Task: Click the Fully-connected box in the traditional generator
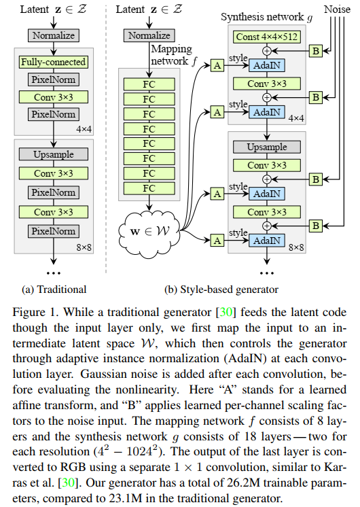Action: click(54, 62)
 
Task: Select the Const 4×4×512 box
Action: click(267, 37)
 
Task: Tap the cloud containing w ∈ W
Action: click(149, 232)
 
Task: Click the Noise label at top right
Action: click(337, 9)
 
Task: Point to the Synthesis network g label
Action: click(267, 17)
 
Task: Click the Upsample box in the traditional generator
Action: click(54, 154)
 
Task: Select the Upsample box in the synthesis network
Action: click(267, 147)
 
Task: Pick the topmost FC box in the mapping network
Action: click(149, 84)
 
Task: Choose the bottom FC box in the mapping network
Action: click(149, 188)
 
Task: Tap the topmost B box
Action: click(316, 51)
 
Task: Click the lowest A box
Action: click(217, 241)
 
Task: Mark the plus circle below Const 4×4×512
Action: click(267, 51)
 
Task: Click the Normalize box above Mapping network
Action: click(149, 35)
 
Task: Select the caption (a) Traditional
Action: click(54, 289)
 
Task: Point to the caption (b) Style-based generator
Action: click(221, 290)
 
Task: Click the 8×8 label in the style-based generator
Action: click(296, 247)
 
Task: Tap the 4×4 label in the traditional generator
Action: click(84, 129)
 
